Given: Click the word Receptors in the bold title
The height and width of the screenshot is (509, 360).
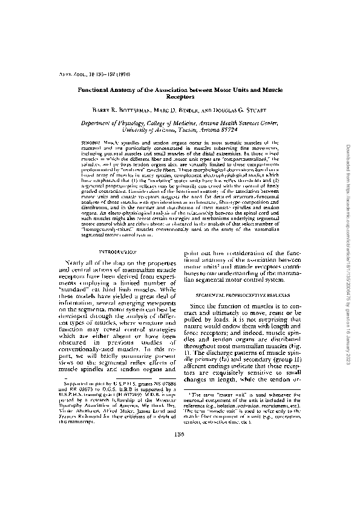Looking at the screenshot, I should (x=179, y=96).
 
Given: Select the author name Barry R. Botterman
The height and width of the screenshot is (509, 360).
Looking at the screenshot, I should (x=113, y=110).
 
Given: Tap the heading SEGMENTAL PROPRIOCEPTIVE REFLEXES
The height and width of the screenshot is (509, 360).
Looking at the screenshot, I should (x=240, y=293).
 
